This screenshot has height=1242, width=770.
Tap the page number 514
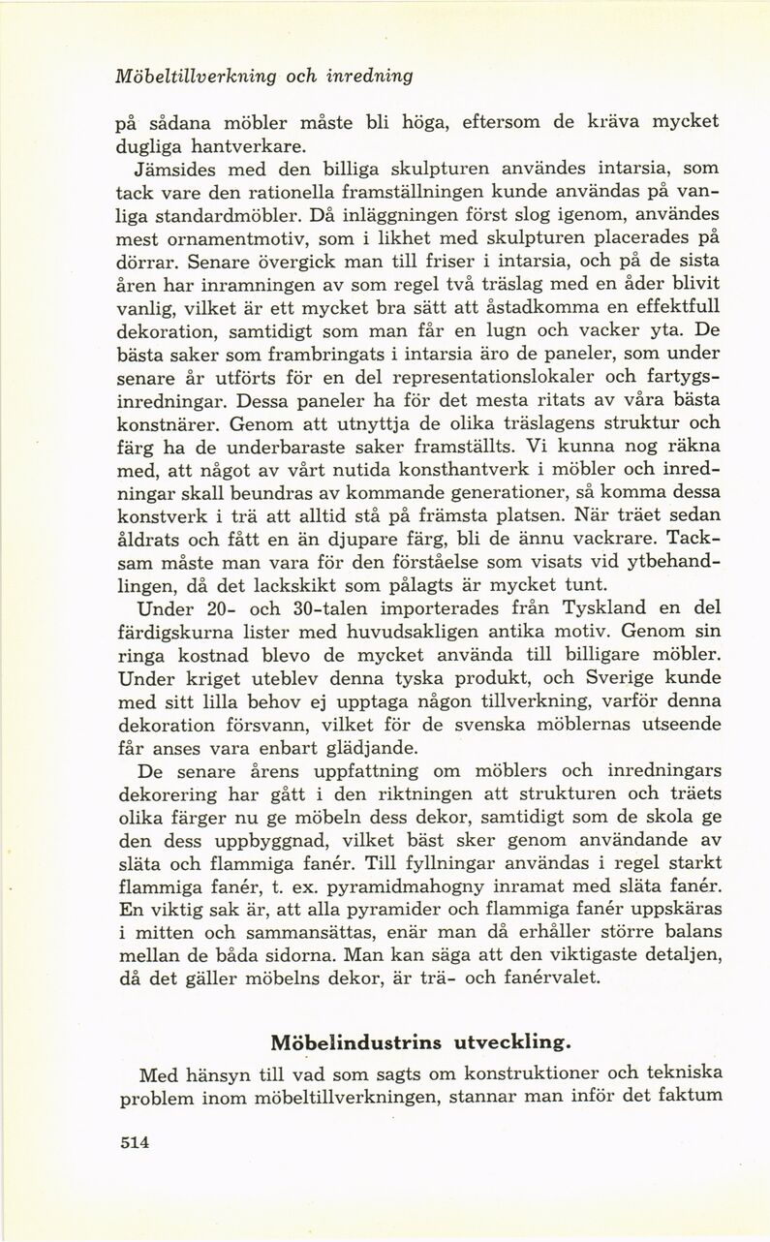pos(126,1142)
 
